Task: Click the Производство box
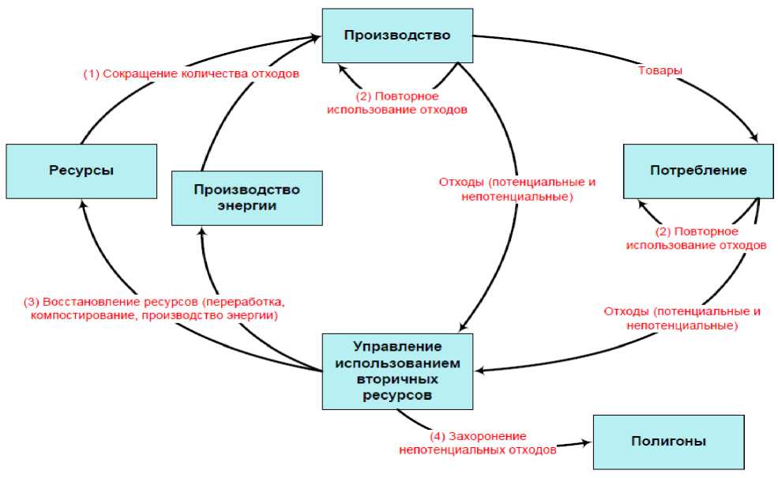[397, 36]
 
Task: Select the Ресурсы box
[81, 171]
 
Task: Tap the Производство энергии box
[246, 198]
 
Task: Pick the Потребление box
[698, 171]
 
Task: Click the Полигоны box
[668, 442]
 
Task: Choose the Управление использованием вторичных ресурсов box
[397, 371]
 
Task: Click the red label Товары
[660, 70]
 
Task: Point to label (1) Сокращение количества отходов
[192, 74]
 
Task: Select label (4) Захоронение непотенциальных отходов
[479, 443]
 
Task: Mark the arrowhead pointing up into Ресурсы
[82, 203]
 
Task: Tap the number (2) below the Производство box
[363, 96]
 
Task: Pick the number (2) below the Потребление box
[663, 231]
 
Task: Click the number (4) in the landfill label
[437, 436]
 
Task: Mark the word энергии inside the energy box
[246, 205]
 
